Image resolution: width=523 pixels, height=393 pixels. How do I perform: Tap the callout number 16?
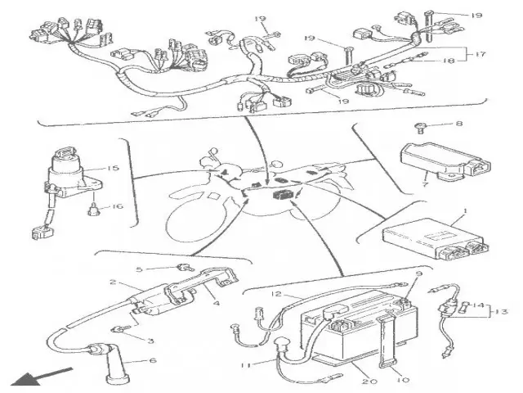(x=116, y=206)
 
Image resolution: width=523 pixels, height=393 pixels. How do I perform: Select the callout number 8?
(x=458, y=124)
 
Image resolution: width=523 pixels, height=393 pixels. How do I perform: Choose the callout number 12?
(x=277, y=293)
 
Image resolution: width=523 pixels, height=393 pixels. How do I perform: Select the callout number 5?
(x=139, y=269)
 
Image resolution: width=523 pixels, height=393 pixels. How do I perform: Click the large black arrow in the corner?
(x=28, y=377)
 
